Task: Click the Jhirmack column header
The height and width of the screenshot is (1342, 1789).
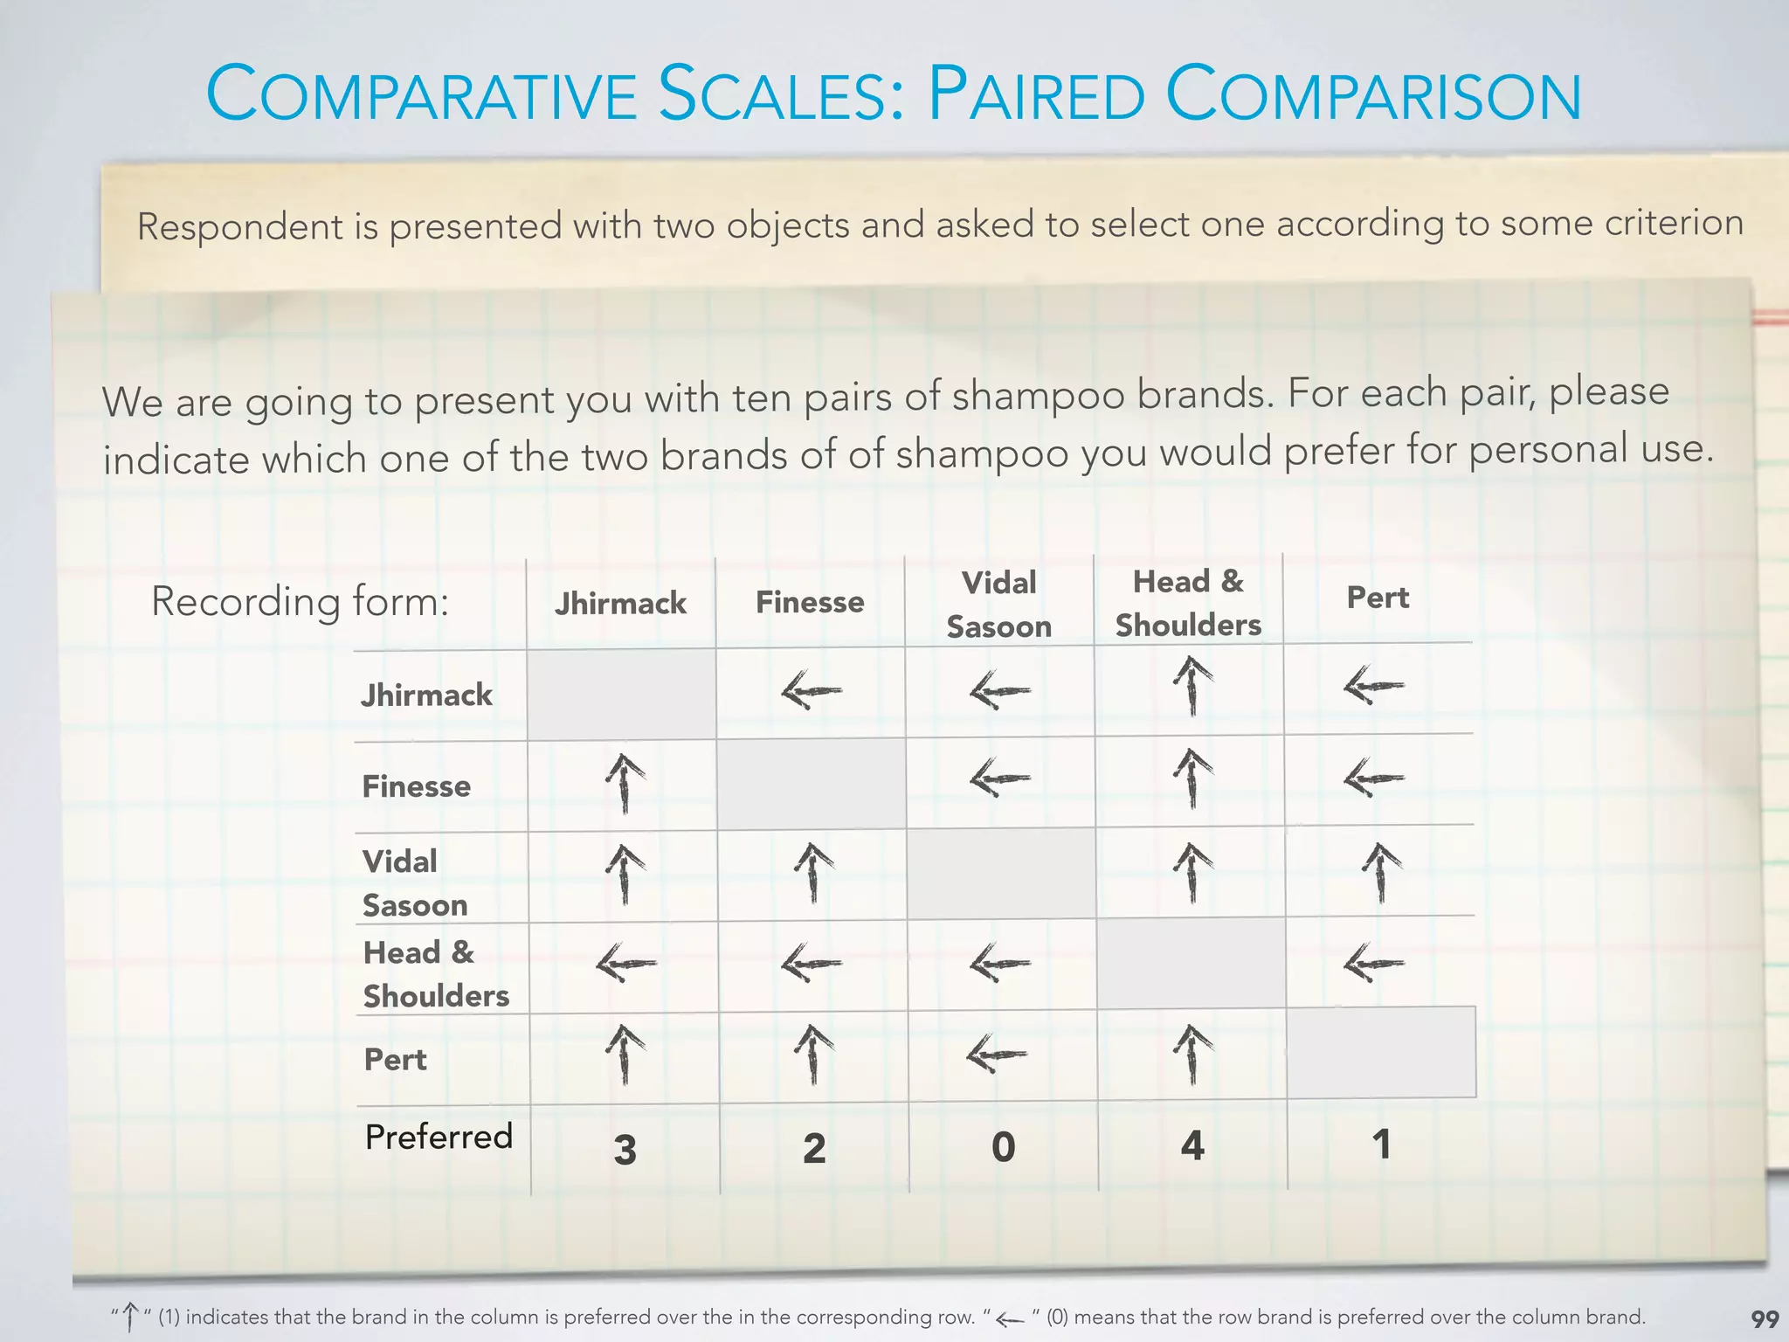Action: pos(620,604)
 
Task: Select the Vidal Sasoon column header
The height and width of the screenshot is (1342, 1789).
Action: pos(998,605)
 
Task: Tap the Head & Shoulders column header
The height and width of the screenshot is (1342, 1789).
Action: pos(1188,603)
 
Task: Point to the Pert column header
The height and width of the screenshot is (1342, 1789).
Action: pos(1378,598)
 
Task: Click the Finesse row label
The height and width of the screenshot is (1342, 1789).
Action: pos(416,786)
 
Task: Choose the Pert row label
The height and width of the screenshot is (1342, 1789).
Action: pos(395,1060)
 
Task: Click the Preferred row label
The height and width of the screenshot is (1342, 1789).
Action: pos(439,1137)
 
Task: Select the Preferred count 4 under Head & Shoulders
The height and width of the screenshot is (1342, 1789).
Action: pos(1192,1145)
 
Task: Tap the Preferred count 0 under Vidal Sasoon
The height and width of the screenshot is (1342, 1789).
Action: pos(1003,1146)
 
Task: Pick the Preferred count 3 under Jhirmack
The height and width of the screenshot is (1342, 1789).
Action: pos(625,1149)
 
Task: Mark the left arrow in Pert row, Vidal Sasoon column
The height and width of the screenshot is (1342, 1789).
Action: pos(997,1055)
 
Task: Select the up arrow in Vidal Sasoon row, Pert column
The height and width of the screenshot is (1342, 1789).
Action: pos(1381,871)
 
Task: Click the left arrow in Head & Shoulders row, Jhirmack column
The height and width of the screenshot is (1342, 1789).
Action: pos(625,964)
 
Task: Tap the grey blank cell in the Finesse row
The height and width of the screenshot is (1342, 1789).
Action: pos(811,784)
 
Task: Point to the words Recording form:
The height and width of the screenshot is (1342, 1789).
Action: pos(300,601)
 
